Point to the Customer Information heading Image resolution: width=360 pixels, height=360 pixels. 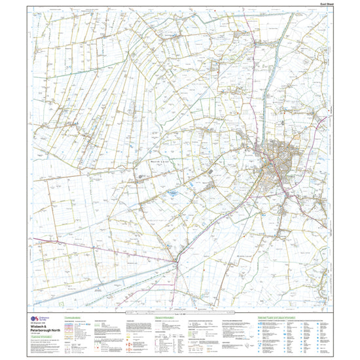(43, 340)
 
